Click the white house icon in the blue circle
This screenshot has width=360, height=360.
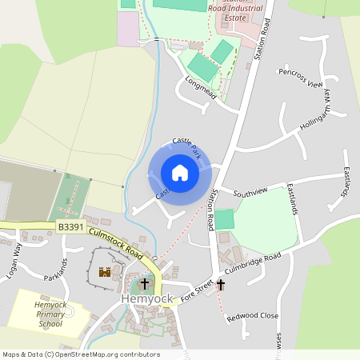[x=179, y=173]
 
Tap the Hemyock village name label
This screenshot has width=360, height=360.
[x=146, y=298]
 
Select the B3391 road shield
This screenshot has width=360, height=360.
[x=70, y=228]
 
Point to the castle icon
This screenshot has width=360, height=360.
[x=104, y=272]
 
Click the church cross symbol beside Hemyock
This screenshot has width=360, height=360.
[x=145, y=283]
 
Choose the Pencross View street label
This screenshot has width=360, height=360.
[x=300, y=78]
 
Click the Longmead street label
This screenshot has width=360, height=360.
[x=200, y=88]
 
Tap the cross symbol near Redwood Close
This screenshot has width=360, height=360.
[x=221, y=284]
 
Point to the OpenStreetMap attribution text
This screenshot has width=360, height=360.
[x=81, y=354]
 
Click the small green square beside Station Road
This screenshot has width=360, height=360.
[x=225, y=218]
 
